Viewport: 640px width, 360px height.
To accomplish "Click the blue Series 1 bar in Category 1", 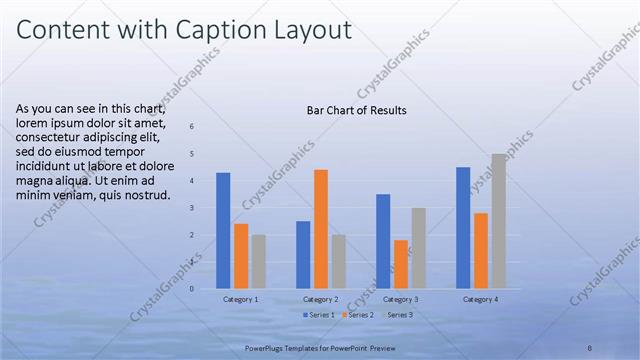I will (x=223, y=231).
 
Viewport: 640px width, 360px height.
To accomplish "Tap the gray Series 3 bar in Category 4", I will (x=498, y=221).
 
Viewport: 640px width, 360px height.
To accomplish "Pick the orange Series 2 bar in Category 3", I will (x=401, y=264).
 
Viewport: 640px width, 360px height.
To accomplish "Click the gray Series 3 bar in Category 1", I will (x=259, y=262).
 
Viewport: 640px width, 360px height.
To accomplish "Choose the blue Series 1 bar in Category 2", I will (x=303, y=255).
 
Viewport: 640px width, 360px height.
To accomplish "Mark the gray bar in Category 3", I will (x=418, y=248).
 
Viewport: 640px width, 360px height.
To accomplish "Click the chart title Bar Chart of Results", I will (x=356, y=111).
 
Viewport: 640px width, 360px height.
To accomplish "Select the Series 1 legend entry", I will (x=319, y=315).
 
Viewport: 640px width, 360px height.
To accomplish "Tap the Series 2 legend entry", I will (x=358, y=315).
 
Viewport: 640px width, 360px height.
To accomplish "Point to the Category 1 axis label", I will (x=240, y=299).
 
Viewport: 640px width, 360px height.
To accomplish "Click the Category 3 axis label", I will (x=401, y=299).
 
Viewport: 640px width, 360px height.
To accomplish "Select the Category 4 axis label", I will (x=481, y=299).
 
